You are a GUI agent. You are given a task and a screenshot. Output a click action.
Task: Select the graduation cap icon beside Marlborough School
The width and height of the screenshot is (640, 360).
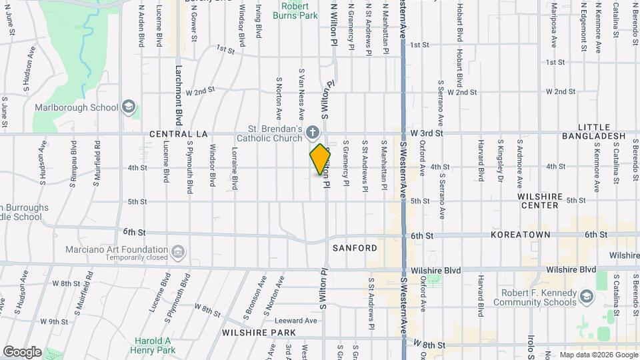129,107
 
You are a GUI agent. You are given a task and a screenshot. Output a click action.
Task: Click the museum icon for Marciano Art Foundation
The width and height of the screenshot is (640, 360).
178,252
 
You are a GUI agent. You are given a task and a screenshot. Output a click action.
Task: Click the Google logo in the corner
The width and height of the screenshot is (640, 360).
22,352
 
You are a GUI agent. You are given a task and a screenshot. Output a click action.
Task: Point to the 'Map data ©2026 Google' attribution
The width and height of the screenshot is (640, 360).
599,355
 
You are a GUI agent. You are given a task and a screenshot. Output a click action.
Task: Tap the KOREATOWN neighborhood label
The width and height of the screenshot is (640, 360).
520,235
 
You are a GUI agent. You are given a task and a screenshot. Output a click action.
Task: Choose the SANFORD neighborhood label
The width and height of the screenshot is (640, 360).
354,248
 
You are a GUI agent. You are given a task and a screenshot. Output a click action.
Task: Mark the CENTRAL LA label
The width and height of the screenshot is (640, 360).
176,133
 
